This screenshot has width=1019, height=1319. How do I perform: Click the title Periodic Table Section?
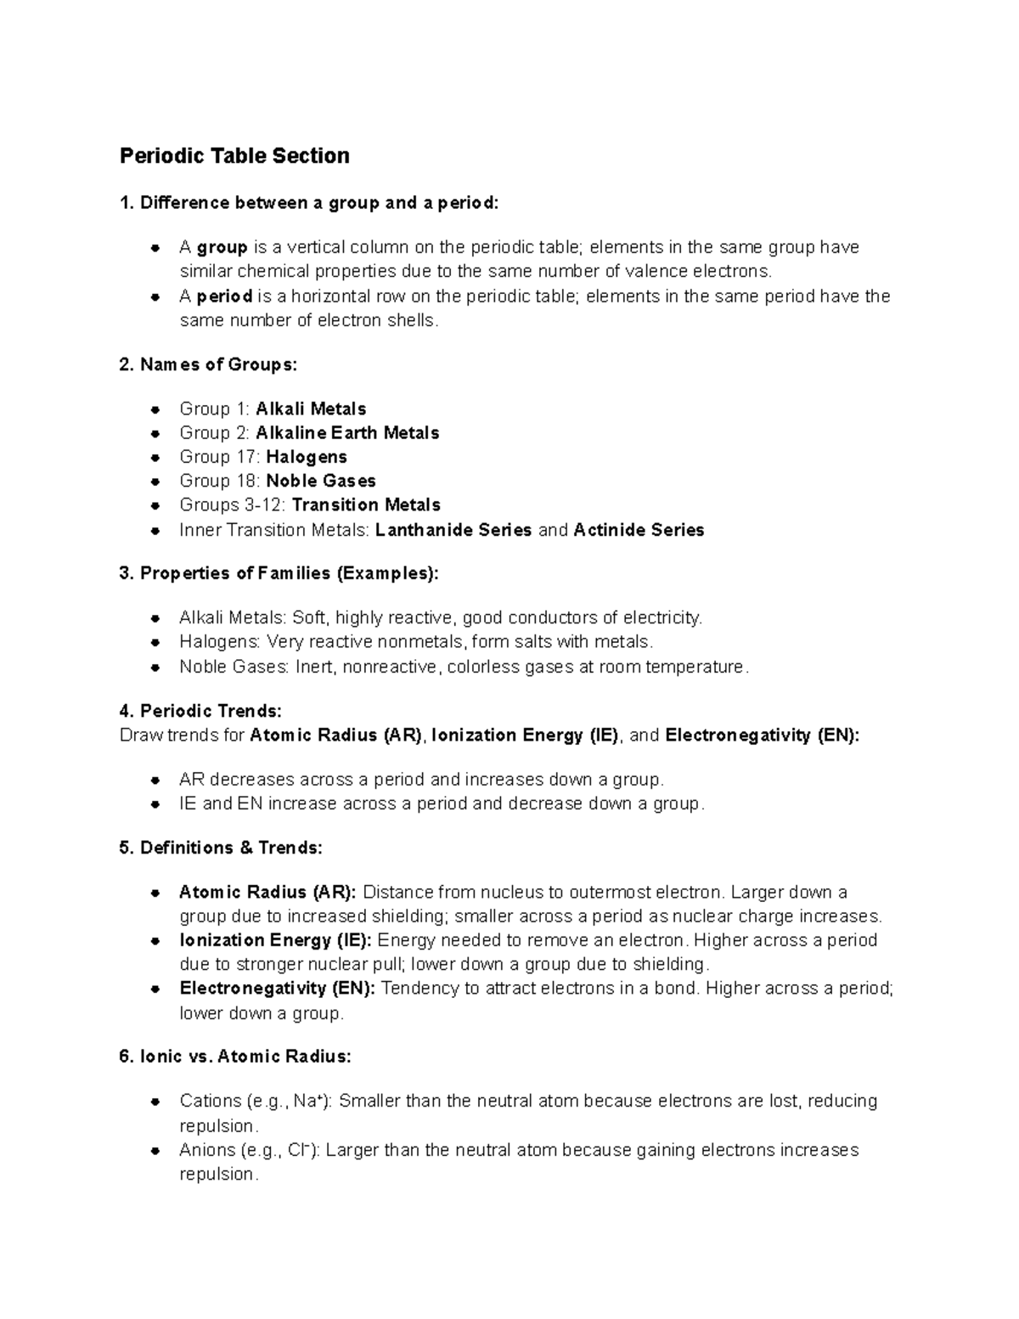234,156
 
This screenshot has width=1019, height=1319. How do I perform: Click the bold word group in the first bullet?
222,247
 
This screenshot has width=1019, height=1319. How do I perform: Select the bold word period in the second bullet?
224,296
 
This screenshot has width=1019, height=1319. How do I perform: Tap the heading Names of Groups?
209,365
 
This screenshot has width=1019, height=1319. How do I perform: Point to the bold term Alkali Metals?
311,409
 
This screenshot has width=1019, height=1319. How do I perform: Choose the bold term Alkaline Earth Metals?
347,433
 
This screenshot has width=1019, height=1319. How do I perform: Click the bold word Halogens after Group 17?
307,457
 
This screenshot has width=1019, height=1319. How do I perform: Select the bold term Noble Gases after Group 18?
321,481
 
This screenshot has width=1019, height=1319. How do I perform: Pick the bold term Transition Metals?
366,505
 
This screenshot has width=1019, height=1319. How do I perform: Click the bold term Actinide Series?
639,530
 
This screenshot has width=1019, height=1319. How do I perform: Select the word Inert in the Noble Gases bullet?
316,667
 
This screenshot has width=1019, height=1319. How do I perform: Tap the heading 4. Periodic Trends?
200,711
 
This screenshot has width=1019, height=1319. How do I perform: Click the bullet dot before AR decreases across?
155,780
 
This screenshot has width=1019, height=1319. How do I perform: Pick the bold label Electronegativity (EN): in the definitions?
277,989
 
